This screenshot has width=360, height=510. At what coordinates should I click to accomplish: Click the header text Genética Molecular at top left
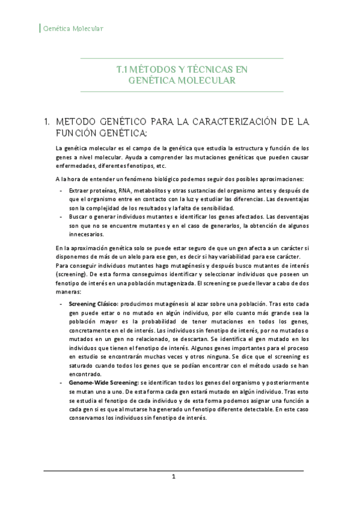coord(72,28)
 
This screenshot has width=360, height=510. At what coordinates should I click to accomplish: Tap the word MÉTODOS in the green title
coord(148,69)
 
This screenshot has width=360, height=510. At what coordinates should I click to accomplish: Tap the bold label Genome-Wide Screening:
coord(103,382)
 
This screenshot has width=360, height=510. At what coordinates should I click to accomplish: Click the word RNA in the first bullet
coord(123,189)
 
